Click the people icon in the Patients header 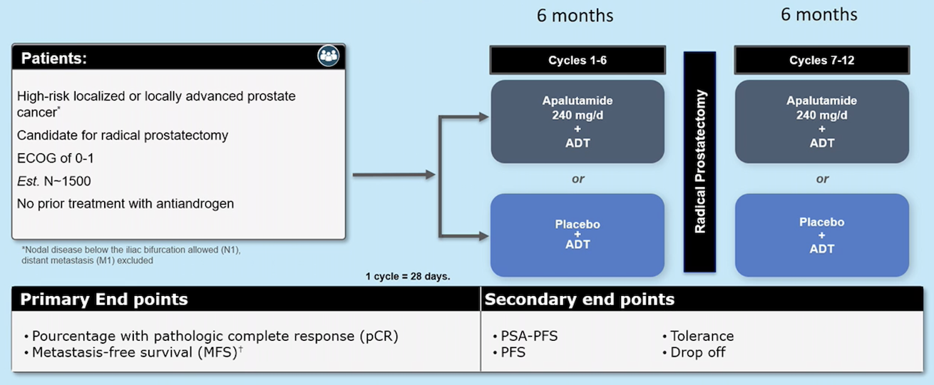click(329, 56)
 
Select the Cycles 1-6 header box click(578, 60)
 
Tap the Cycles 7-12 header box click(822, 60)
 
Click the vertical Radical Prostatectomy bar click(699, 162)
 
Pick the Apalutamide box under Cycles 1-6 click(578, 121)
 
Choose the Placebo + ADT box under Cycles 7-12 click(822, 235)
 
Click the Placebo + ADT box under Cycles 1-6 click(578, 235)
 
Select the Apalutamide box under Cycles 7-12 click(822, 121)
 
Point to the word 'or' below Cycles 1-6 click(578, 179)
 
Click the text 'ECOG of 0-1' click(56, 158)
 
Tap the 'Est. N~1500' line click(53, 181)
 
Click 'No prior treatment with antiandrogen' click(125, 204)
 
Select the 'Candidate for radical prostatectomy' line click(123, 135)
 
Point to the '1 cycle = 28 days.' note click(408, 276)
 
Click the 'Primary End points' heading click(104, 299)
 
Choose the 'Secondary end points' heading click(580, 299)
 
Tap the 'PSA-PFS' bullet click(525, 336)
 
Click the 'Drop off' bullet click(694, 352)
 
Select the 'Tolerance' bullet click(698, 336)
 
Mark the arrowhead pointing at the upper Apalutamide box click(483, 117)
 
